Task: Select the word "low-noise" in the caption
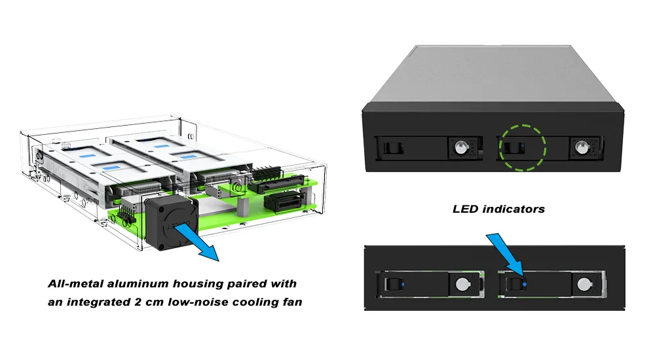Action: click(x=200, y=302)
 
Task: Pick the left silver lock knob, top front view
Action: click(x=458, y=147)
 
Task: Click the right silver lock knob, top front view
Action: click(x=579, y=147)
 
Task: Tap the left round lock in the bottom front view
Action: click(x=462, y=284)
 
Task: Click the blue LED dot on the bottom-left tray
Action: click(x=403, y=283)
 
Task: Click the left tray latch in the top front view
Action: click(x=391, y=147)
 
